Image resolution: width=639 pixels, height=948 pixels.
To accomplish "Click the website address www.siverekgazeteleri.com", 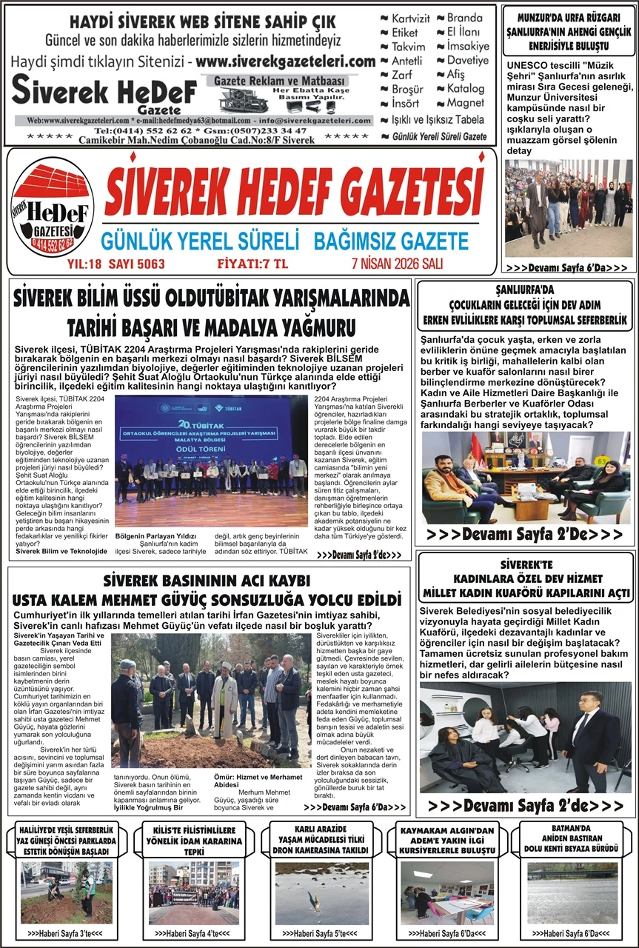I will click(287, 61).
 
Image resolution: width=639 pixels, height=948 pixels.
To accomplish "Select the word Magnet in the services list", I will click(465, 103).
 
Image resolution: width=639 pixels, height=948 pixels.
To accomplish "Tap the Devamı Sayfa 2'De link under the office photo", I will click(525, 533).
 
